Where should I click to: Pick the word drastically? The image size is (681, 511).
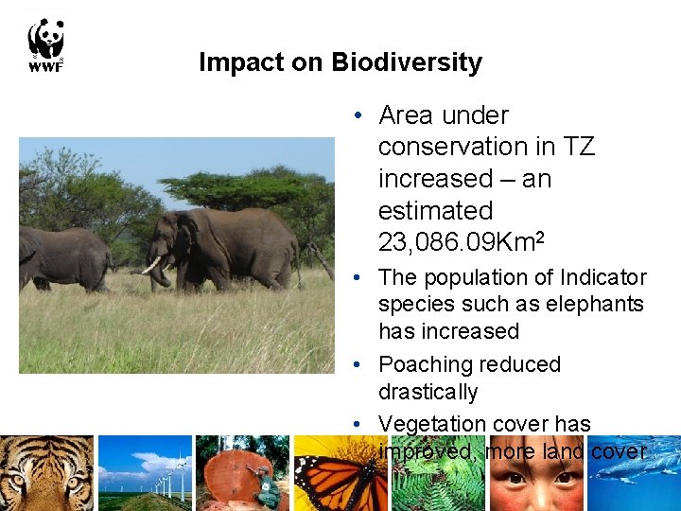(x=428, y=392)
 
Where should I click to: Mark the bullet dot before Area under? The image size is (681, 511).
(x=360, y=116)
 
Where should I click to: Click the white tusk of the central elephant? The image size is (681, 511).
(x=151, y=265)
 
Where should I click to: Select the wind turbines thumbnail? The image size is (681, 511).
(x=145, y=473)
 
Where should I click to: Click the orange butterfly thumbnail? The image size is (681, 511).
(x=339, y=473)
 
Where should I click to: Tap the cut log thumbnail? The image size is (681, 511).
(x=241, y=473)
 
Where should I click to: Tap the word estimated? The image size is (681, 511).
(x=435, y=210)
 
